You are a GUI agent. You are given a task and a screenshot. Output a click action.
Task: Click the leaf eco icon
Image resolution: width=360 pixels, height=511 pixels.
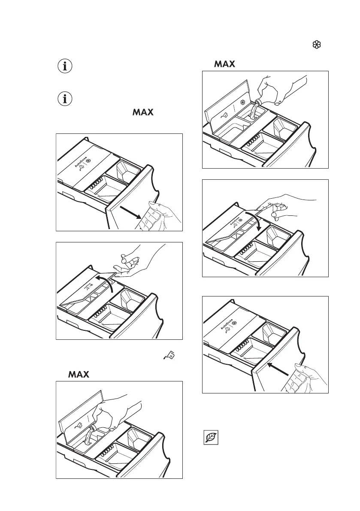click(x=211, y=438)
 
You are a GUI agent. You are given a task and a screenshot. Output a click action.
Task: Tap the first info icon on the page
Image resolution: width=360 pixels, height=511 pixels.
click(x=65, y=67)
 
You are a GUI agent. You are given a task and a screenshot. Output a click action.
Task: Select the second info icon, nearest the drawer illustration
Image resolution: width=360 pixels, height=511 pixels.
click(x=65, y=99)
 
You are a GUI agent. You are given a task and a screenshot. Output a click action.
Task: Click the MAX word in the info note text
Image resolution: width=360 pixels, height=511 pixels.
click(x=143, y=113)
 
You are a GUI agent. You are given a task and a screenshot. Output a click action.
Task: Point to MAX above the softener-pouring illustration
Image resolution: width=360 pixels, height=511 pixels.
click(x=225, y=64)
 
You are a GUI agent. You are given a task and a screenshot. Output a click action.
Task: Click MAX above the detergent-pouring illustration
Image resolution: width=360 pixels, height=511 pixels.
click(x=79, y=375)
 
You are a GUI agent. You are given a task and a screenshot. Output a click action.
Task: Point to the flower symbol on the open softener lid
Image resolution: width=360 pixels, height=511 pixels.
click(x=244, y=103)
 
